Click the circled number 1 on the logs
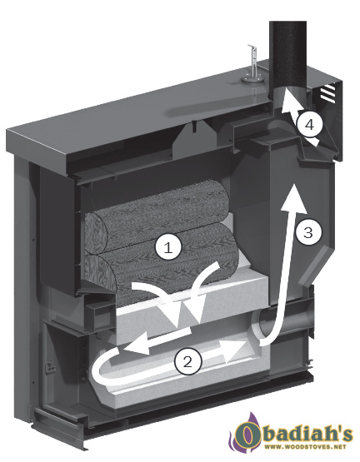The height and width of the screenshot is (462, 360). (x=167, y=248)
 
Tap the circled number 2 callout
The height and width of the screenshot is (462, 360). (x=187, y=362)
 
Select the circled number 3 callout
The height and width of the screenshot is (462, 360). (x=308, y=233)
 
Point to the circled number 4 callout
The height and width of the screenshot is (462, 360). (x=309, y=125)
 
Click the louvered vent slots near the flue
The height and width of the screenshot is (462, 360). (x=328, y=92)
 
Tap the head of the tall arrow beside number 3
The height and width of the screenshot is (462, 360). (x=294, y=198)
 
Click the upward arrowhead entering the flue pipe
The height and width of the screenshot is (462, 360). (x=287, y=101)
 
